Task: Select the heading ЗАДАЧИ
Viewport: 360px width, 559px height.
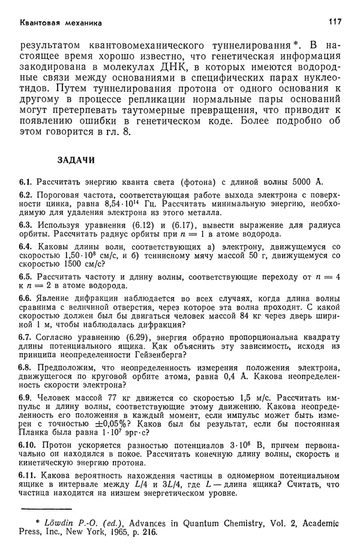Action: coord(76,160)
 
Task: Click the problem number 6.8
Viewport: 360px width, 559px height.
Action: coord(27,367)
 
